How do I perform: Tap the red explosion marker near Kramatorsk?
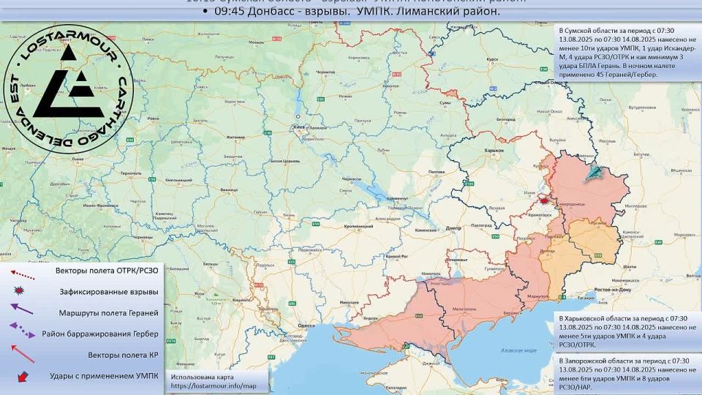click(x=544, y=200)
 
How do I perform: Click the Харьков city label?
click(x=495, y=150)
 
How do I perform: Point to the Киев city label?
click(x=298, y=126)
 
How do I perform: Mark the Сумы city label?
click(x=445, y=104)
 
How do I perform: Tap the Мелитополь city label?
click(x=464, y=310)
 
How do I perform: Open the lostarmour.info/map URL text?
click(x=214, y=385)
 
